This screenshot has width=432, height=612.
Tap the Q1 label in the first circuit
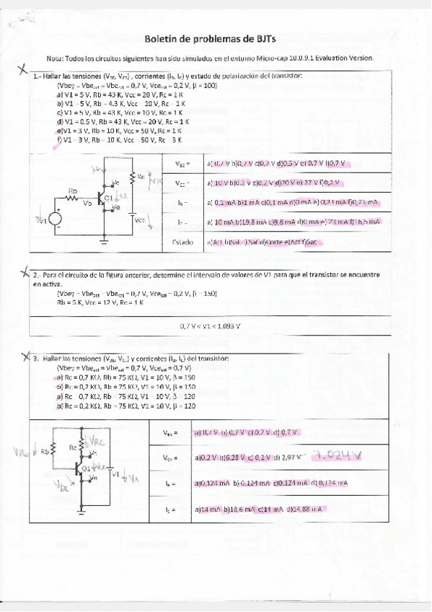107,196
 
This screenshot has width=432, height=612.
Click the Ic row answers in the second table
260,510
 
